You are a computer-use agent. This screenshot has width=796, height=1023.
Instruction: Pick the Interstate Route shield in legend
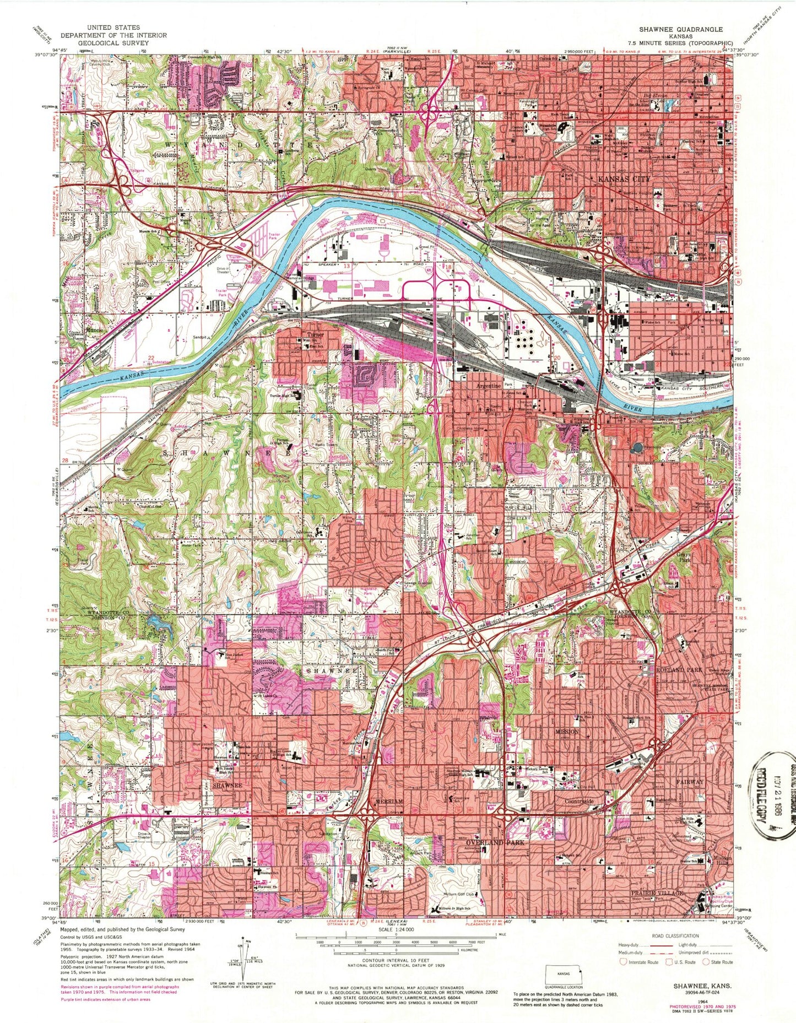[624, 962]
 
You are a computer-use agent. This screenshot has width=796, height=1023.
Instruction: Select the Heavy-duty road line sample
[660, 945]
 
